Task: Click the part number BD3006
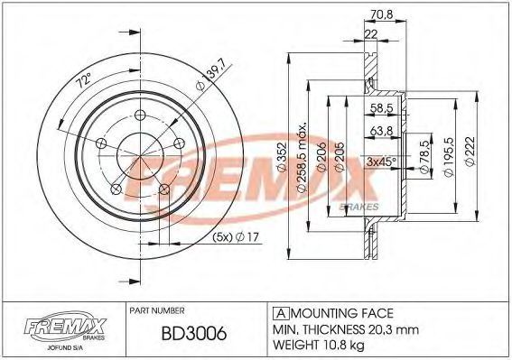pos(194,334)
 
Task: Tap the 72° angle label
pos(84,80)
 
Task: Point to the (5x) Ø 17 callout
pos(236,236)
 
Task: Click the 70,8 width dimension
pos(382,14)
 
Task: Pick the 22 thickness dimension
pos(370,34)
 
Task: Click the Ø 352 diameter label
pos(282,157)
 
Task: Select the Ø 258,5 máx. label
pos(302,158)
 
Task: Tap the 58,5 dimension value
pos(381,107)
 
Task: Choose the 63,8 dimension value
pos(381,131)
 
